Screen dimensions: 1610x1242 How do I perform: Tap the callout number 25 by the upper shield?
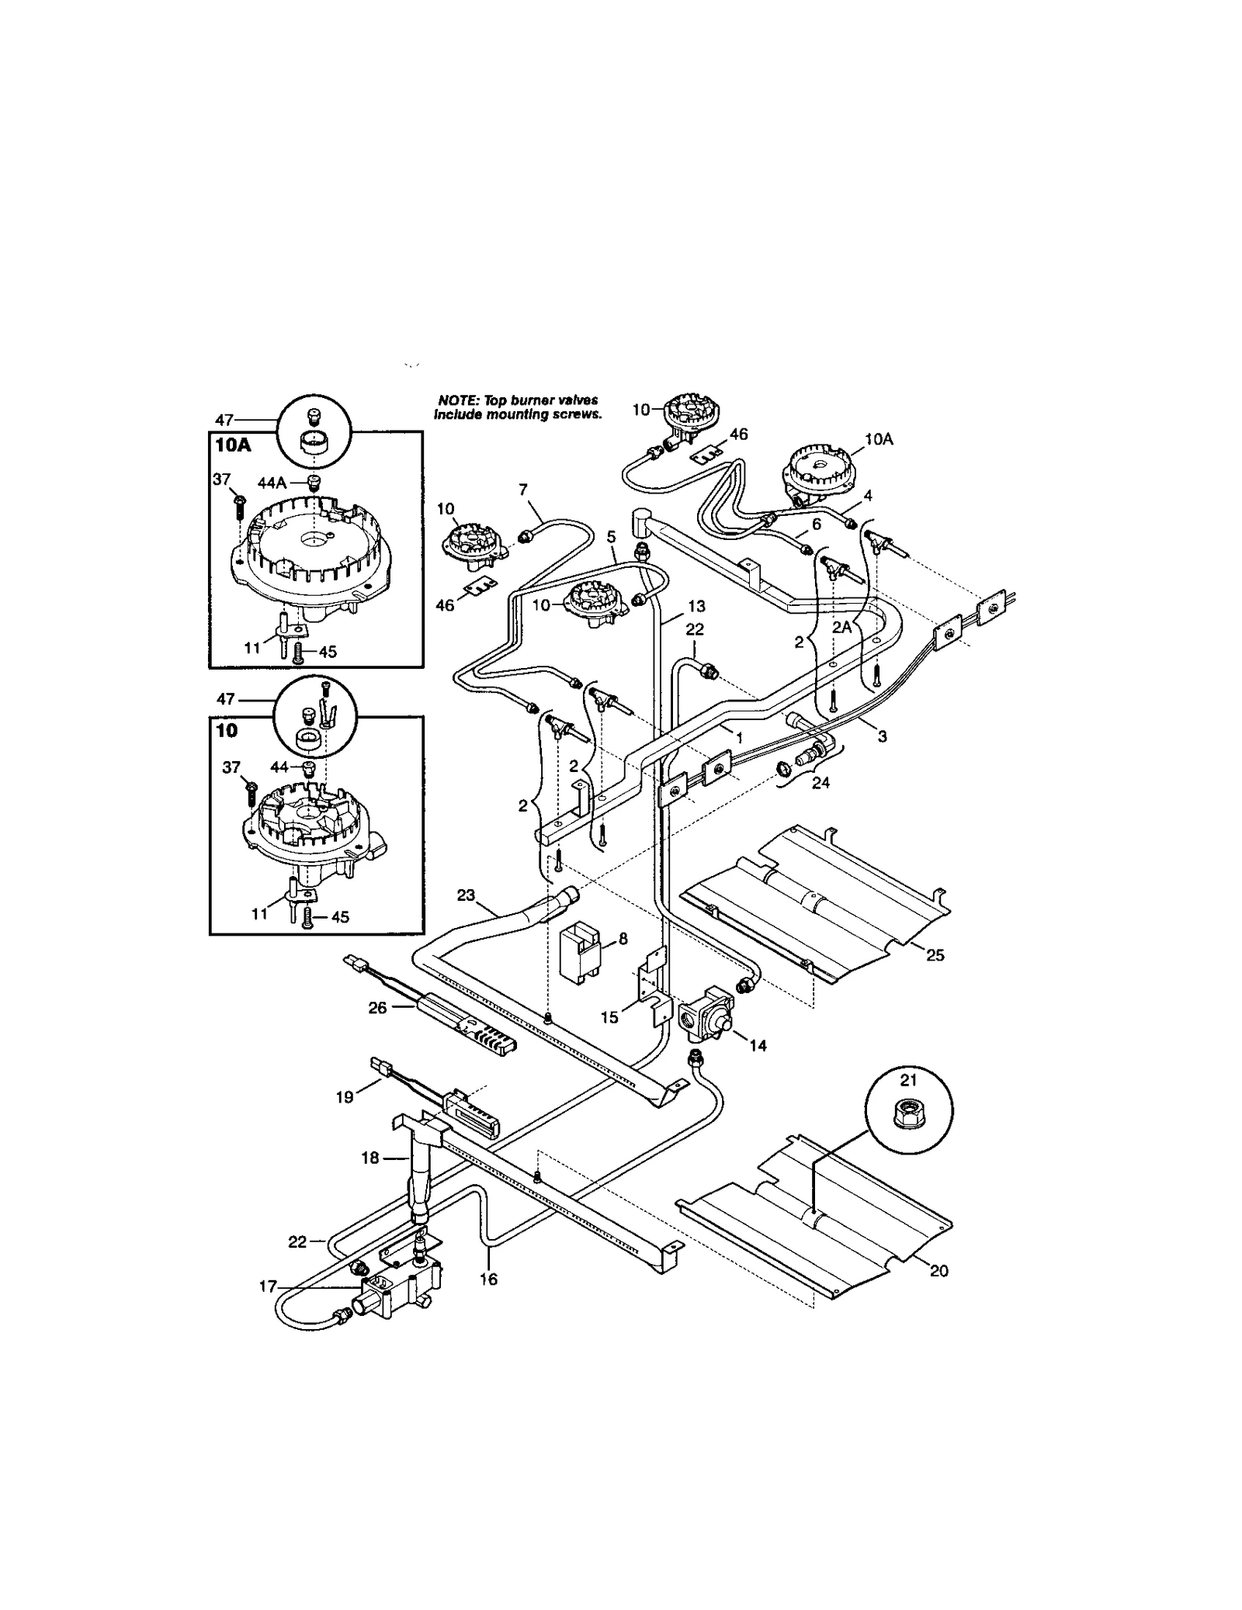tap(935, 955)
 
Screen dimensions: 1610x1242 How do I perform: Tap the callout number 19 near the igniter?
tap(345, 1097)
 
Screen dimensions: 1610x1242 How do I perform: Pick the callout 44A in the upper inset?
tap(272, 483)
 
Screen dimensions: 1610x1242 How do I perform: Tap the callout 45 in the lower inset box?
tap(339, 916)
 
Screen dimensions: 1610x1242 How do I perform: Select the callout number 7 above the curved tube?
tap(522, 489)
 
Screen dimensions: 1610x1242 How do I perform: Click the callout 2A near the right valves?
tap(843, 627)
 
